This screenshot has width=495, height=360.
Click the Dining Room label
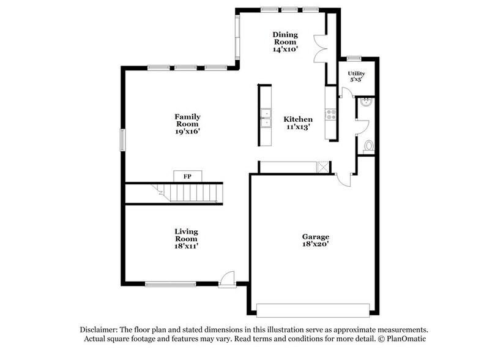[285, 38]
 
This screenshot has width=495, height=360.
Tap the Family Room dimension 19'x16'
[188, 130]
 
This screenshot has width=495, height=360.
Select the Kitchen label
[298, 119]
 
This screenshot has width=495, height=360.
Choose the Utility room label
[356, 73]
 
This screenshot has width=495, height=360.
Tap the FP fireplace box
[187, 176]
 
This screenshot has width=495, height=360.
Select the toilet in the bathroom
[368, 146]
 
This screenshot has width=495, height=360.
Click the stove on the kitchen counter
[331, 113]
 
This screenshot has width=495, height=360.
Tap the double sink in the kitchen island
[266, 118]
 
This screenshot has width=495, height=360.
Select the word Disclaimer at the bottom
[101, 329]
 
